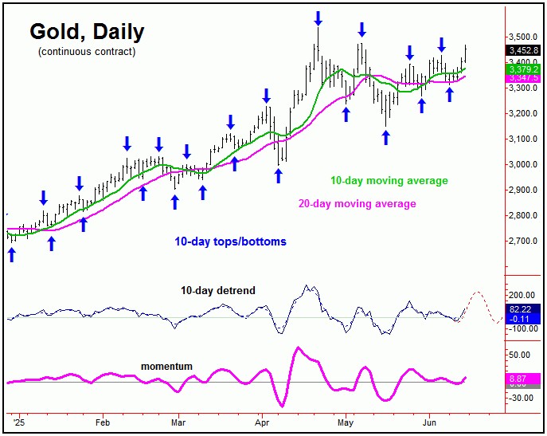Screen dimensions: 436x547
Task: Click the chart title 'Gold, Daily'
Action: point(87,32)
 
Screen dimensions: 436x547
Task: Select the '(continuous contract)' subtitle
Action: point(87,52)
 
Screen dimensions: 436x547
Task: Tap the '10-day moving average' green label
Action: point(390,181)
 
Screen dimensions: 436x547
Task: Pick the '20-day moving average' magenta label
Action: point(358,203)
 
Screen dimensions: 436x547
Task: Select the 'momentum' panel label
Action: point(166,366)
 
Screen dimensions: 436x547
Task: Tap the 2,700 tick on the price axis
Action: point(523,241)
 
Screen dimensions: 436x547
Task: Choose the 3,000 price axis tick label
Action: point(523,165)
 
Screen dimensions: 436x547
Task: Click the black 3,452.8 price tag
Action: point(524,50)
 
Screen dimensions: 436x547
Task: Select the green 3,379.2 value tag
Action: point(524,69)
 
